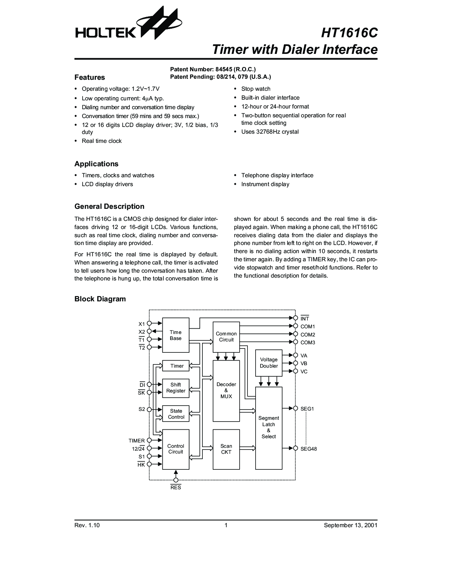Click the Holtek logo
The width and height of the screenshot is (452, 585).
click(x=128, y=24)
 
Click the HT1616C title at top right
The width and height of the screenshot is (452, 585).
click(x=349, y=33)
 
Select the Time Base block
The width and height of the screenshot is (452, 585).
click(x=176, y=335)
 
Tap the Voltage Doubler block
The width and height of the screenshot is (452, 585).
click(x=269, y=363)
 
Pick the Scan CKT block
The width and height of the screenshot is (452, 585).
click(x=226, y=449)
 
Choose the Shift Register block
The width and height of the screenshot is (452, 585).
click(x=176, y=388)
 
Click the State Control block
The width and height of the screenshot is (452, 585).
click(x=176, y=414)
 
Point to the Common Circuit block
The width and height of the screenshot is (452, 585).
click(x=226, y=337)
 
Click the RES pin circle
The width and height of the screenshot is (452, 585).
click(x=176, y=480)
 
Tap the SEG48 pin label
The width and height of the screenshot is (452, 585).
click(x=308, y=449)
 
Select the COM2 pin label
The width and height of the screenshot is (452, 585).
click(x=308, y=335)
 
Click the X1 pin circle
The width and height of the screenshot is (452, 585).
click(x=149, y=323)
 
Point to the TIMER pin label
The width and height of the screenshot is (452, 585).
click(x=136, y=441)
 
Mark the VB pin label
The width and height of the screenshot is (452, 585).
click(x=304, y=363)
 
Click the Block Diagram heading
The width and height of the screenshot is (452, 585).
click(x=100, y=299)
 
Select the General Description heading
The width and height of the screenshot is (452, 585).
click(x=109, y=206)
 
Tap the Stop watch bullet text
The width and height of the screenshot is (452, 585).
click(x=256, y=89)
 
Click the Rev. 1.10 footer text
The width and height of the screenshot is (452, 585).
click(x=87, y=525)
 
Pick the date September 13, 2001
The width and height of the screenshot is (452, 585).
click(x=351, y=525)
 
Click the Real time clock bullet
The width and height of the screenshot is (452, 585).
click(x=102, y=141)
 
